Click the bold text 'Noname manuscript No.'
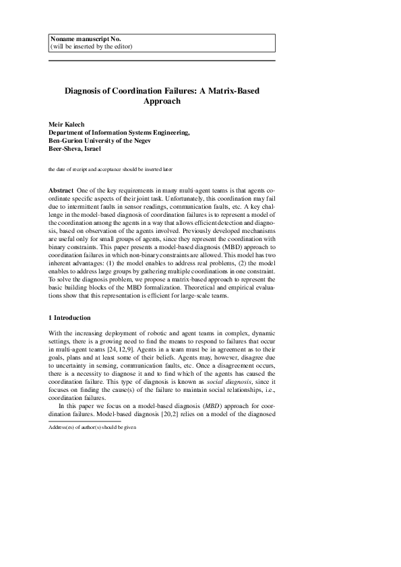(84, 40)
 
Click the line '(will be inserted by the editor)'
(92, 47)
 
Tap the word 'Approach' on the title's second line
(162, 101)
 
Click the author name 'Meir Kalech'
(67, 125)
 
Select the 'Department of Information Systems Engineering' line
(119, 133)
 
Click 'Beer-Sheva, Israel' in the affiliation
(74, 149)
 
